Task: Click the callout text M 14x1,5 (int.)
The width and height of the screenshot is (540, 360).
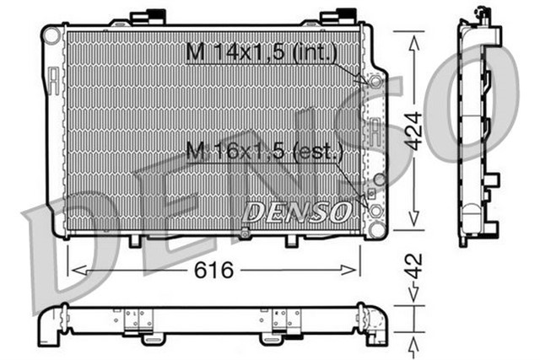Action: [262, 53]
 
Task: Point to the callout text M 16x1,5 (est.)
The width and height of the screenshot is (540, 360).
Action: [264, 152]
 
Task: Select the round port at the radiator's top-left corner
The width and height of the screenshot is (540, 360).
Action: [51, 35]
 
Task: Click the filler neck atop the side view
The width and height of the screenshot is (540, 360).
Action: [484, 13]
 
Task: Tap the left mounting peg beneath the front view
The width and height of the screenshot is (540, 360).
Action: [132, 240]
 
